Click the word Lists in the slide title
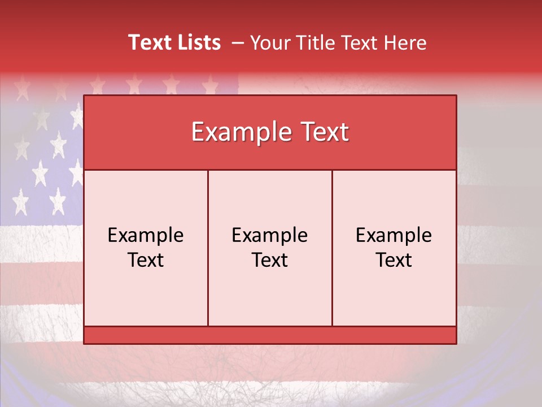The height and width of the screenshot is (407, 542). click(x=197, y=42)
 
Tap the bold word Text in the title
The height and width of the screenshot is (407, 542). click(x=148, y=42)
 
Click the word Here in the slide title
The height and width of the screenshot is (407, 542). click(x=405, y=43)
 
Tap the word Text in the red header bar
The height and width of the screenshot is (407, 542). click(x=321, y=132)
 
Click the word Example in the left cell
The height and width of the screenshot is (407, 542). click(x=146, y=235)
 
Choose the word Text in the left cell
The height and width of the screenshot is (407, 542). click(x=146, y=260)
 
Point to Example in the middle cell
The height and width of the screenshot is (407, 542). click(x=270, y=235)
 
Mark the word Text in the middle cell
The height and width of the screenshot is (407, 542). click(x=270, y=260)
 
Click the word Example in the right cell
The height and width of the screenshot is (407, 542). click(x=394, y=235)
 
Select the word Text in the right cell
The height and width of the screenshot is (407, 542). click(x=394, y=260)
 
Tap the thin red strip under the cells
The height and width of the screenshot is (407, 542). click(x=270, y=335)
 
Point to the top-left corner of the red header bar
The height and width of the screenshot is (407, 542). click(x=85, y=96)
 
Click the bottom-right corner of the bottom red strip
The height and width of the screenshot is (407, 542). click(x=456, y=343)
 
